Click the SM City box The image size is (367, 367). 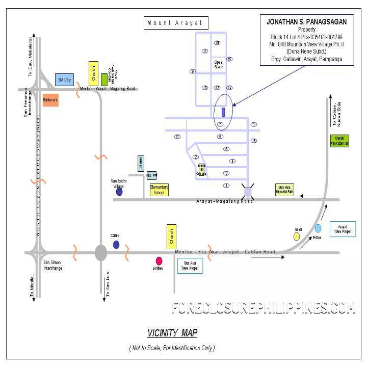64,80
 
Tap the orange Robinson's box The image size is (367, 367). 50,100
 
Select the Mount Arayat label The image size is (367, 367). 175,23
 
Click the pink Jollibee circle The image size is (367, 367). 159,260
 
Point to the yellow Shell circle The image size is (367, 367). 297,237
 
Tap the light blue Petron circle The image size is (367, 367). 318,228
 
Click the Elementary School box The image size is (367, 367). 159,190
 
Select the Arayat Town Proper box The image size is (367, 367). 343,229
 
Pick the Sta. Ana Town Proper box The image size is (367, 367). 190,266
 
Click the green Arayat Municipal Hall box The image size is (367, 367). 339,141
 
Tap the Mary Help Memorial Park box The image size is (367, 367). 284,190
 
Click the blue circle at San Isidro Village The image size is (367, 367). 119,192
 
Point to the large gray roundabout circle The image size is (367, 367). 101,252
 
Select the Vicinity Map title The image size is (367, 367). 172,333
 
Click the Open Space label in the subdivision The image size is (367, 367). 218,65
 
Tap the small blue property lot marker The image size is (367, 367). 223,113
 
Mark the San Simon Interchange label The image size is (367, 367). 53,265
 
